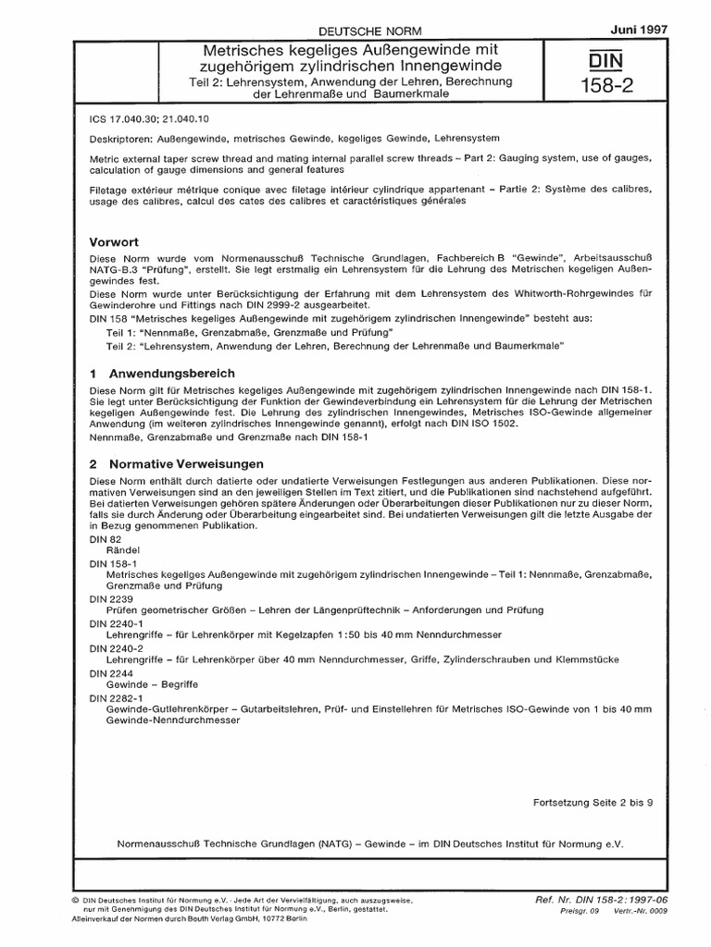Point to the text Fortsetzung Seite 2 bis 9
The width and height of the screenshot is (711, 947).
coord(593,804)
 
